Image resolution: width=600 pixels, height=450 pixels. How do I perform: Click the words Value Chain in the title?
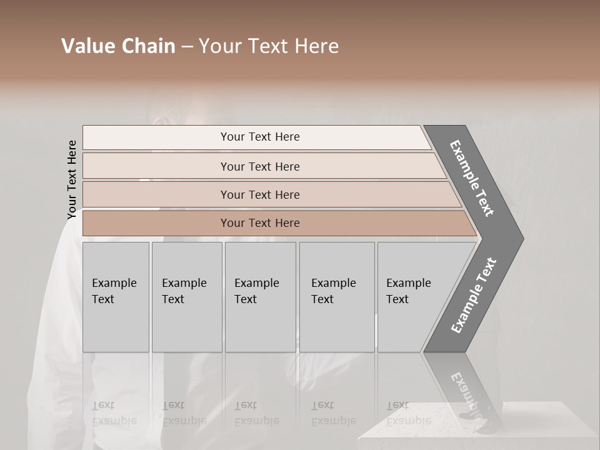coord(118,46)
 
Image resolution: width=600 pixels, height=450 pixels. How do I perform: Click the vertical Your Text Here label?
coord(72,179)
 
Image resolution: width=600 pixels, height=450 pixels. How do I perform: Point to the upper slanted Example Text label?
coord(472,178)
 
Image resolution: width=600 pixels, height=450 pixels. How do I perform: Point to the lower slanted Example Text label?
coord(474,296)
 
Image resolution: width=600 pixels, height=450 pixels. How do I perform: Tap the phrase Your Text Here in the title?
coord(269,46)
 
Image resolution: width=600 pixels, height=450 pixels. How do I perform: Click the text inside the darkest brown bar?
coord(260,223)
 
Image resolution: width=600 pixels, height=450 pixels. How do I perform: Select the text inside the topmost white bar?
coord(260,137)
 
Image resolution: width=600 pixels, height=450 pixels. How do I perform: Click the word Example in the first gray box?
coord(114,283)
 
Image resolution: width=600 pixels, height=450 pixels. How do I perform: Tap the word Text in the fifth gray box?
coord(397,299)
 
